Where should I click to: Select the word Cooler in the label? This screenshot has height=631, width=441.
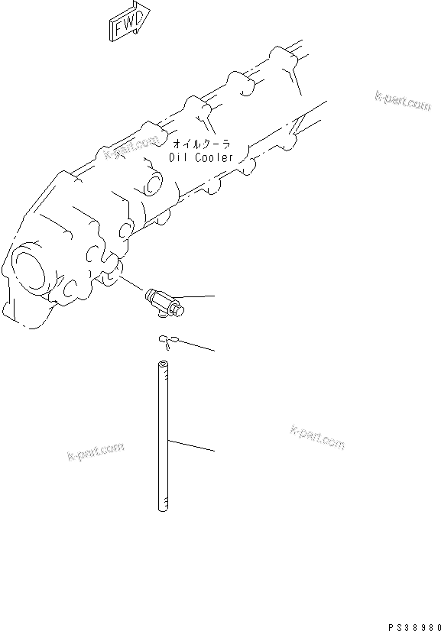(x=214, y=157)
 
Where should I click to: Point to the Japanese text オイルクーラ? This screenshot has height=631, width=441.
(x=201, y=144)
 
